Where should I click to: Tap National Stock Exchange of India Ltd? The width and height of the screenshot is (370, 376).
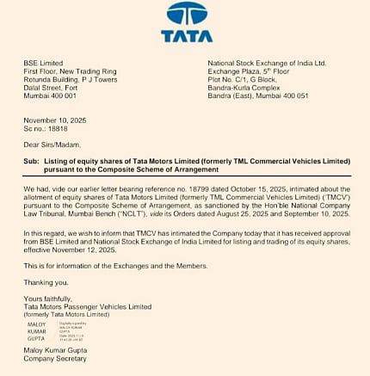pos(267,63)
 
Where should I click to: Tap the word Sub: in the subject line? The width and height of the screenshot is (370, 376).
pos(32,161)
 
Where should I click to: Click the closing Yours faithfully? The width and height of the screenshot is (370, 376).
pos(50,299)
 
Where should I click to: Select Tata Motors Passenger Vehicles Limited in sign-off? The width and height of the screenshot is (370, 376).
pos(88,307)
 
